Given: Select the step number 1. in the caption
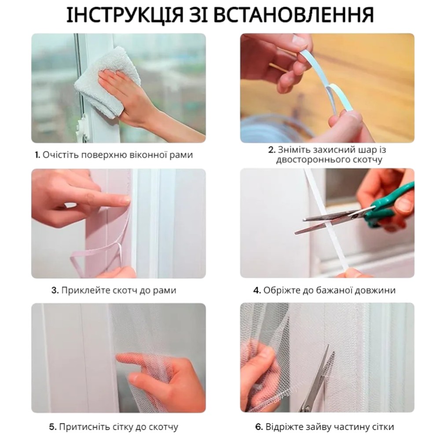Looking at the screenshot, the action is [x=37, y=155].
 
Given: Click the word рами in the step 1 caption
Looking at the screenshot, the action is [x=181, y=155].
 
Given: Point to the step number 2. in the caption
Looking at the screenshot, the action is [x=271, y=150].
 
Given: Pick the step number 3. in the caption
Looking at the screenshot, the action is [x=55, y=290].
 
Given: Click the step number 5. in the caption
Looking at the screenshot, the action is [x=53, y=427].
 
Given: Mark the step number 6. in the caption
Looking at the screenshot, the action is [x=259, y=427].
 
